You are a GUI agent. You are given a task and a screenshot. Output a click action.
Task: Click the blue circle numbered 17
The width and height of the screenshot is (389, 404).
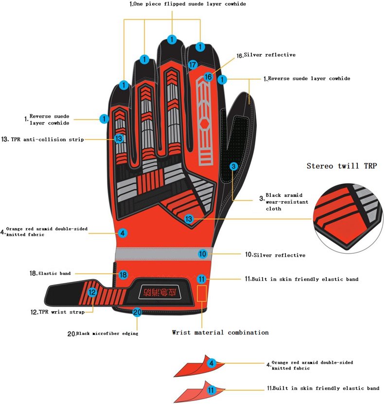pyautogui.click(x=193, y=64)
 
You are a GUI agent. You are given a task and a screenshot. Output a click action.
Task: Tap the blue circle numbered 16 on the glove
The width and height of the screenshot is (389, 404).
pyautogui.click(x=208, y=76)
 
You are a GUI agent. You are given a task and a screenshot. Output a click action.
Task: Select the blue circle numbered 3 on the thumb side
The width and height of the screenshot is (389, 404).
pyautogui.click(x=234, y=166)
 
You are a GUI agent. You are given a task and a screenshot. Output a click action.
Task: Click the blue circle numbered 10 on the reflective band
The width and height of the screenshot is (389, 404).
pyautogui.click(x=203, y=253)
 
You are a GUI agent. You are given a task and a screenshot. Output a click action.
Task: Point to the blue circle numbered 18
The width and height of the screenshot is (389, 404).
pyautogui.click(x=123, y=275)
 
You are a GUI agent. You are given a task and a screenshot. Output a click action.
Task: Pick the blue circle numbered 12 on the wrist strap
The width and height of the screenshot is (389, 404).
pyautogui.click(x=92, y=292)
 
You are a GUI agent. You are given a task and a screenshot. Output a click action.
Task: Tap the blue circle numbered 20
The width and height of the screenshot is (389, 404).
pyautogui.click(x=137, y=312)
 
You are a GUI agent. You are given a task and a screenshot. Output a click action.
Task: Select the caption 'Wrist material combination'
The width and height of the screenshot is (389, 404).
pyautogui.click(x=220, y=333)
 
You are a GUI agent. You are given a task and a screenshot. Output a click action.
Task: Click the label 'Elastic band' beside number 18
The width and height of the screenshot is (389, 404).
pyautogui.click(x=54, y=274)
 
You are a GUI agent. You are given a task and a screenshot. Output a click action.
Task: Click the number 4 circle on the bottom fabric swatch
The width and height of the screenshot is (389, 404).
pyautogui.click(x=211, y=363)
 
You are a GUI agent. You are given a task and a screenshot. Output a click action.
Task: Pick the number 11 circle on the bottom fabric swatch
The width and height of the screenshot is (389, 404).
pyautogui.click(x=211, y=389)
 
